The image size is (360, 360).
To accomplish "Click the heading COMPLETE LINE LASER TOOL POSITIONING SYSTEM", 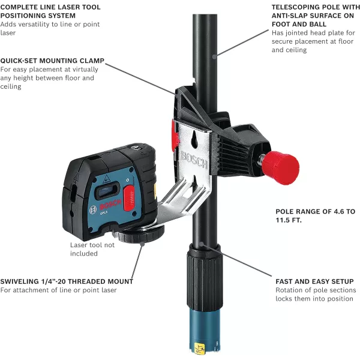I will click(x=50, y=11).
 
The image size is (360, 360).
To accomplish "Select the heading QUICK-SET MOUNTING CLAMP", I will click(x=52, y=61).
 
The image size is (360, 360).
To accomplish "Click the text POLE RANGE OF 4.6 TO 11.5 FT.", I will click(x=315, y=215).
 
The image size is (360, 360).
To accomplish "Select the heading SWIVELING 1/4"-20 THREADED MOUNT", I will click(x=67, y=281).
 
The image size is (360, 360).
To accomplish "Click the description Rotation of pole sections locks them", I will click(x=316, y=295).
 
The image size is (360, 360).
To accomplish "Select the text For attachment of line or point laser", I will click(x=58, y=290).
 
